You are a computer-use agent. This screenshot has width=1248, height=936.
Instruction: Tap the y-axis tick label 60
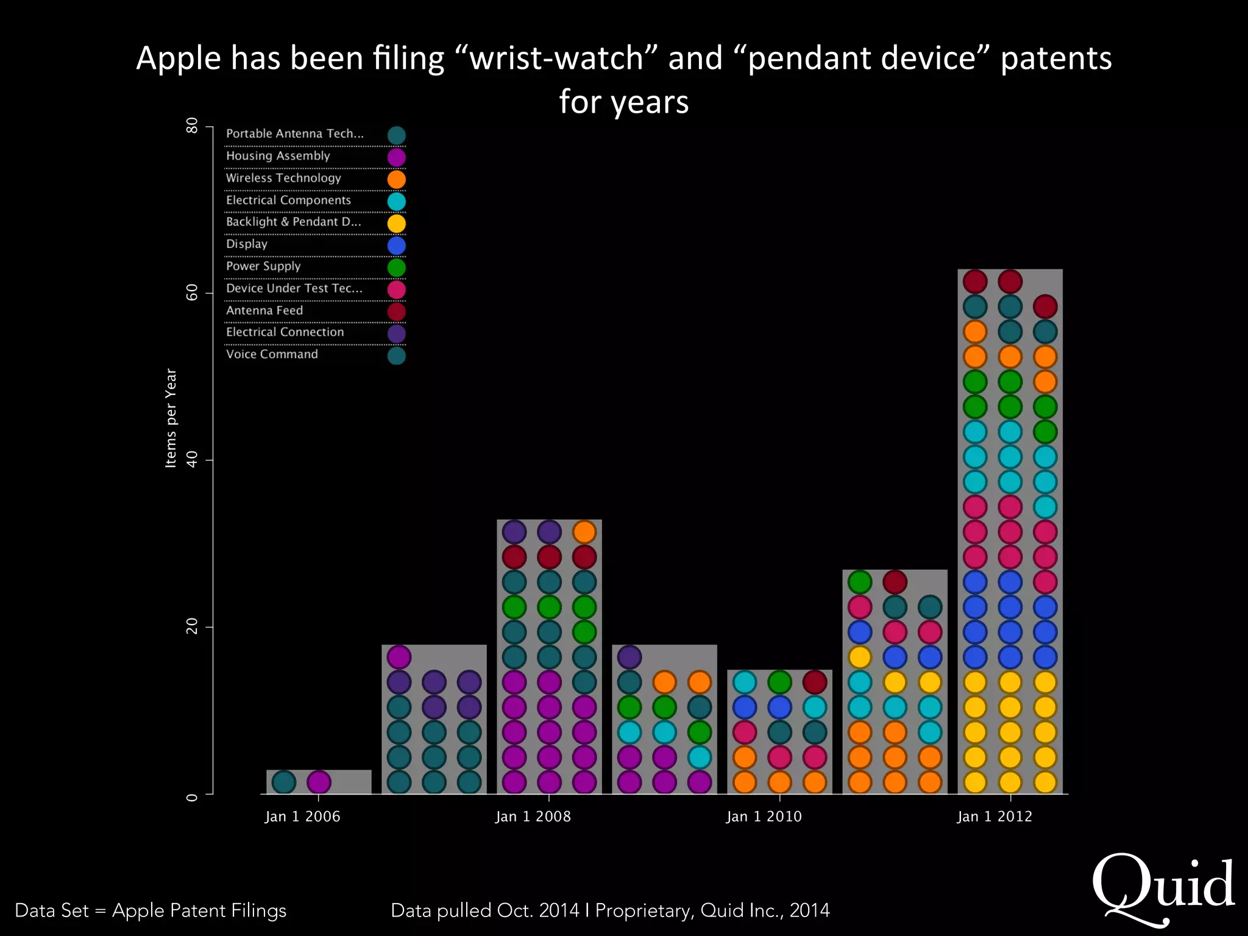pyautogui.click(x=192, y=293)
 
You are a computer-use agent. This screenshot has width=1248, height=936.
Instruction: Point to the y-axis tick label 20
pyautogui.click(x=192, y=626)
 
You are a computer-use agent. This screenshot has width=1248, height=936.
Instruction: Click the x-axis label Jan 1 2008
pyautogui.click(x=533, y=817)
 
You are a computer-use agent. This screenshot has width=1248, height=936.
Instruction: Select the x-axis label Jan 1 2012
pyautogui.click(x=994, y=817)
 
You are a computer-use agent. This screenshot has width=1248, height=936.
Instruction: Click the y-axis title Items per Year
pyautogui.click(x=171, y=418)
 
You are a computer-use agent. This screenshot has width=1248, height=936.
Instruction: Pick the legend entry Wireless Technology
pyautogui.click(x=283, y=178)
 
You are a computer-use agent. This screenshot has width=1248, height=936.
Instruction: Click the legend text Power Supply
pyautogui.click(x=263, y=266)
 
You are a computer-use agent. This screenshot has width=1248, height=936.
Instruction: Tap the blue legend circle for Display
pyautogui.click(x=396, y=246)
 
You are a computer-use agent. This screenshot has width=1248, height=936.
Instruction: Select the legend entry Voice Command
pyautogui.click(x=272, y=355)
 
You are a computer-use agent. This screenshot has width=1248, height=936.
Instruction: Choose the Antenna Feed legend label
pyautogui.click(x=264, y=311)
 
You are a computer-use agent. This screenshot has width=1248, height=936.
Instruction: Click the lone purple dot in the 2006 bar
pyautogui.click(x=319, y=782)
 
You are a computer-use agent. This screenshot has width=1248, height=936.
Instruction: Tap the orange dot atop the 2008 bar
pyautogui.click(x=584, y=532)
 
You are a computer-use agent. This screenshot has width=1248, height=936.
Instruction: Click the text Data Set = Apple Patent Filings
pyautogui.click(x=151, y=910)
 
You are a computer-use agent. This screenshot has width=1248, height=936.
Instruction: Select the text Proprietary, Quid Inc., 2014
pyautogui.click(x=712, y=910)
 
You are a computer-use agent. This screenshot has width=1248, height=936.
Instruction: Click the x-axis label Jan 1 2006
pyautogui.click(x=302, y=817)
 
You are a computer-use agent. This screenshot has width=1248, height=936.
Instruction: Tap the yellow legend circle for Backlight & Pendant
pyautogui.click(x=396, y=224)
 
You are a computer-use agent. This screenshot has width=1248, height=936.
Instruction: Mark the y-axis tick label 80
pyautogui.click(x=192, y=126)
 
